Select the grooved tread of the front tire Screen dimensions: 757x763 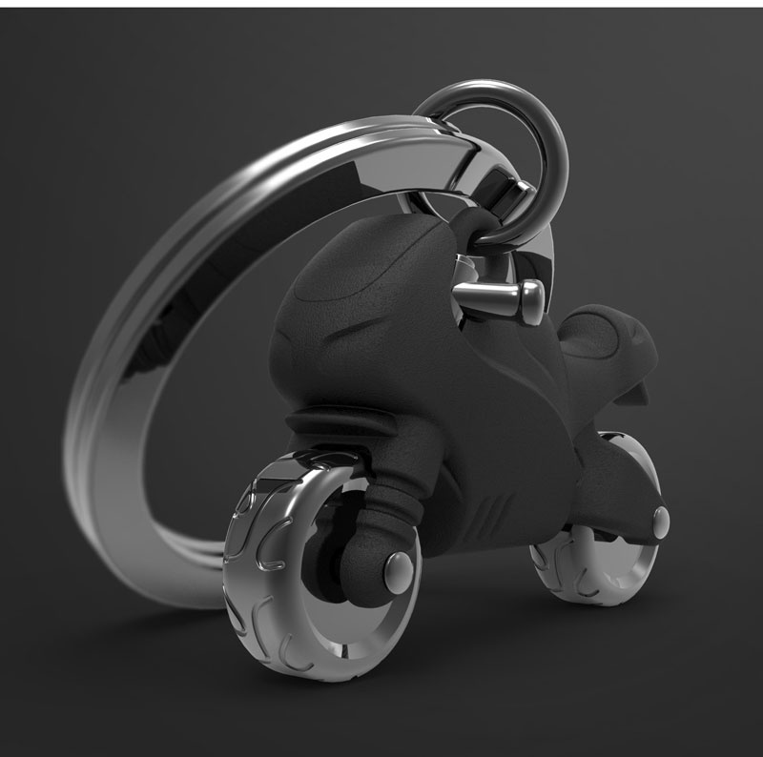tap(250, 572)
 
